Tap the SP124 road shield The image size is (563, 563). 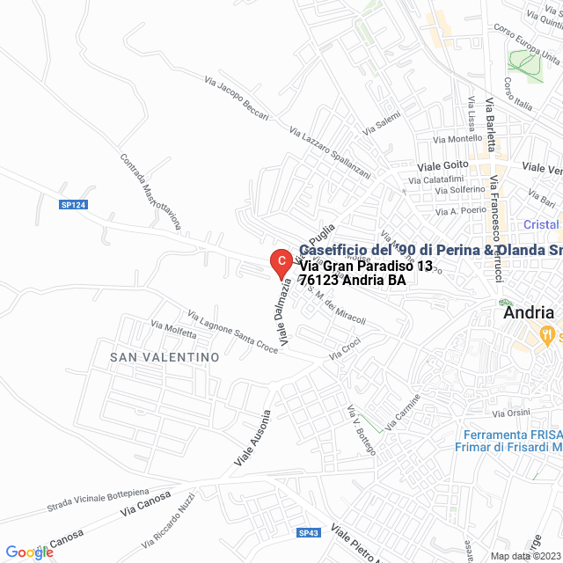(x=74, y=205)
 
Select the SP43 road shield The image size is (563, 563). (x=308, y=533)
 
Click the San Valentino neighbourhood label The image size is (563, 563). (x=164, y=357)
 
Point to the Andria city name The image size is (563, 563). (x=528, y=312)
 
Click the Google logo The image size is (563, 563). (x=29, y=552)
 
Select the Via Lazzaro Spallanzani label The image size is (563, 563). (x=329, y=147)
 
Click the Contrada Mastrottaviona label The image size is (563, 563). (x=150, y=192)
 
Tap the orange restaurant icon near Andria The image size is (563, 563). (x=546, y=333)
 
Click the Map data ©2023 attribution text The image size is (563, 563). (x=523, y=555)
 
